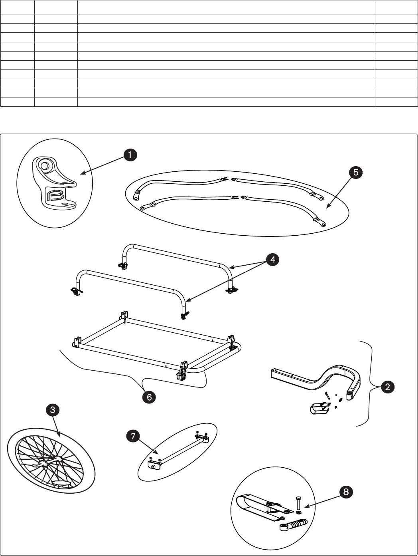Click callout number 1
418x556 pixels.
tap(130, 155)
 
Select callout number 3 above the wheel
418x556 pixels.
tap(53, 409)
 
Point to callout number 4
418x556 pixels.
tap(272, 260)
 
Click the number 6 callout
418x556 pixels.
tap(149, 397)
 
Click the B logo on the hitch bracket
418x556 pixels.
tap(54, 195)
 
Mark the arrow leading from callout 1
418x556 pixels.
tap(102, 165)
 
